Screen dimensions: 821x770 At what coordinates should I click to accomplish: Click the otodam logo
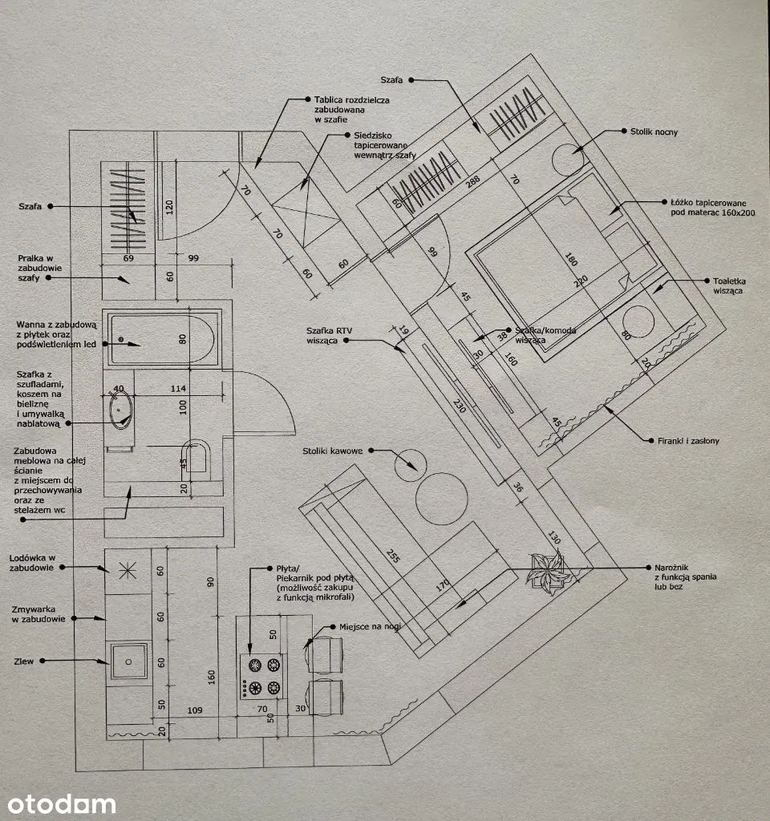(62, 803)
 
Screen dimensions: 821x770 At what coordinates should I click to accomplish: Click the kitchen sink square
(128, 661)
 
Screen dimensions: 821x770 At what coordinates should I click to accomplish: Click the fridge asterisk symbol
(127, 570)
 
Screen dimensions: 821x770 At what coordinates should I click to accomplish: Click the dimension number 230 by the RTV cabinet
(459, 406)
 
